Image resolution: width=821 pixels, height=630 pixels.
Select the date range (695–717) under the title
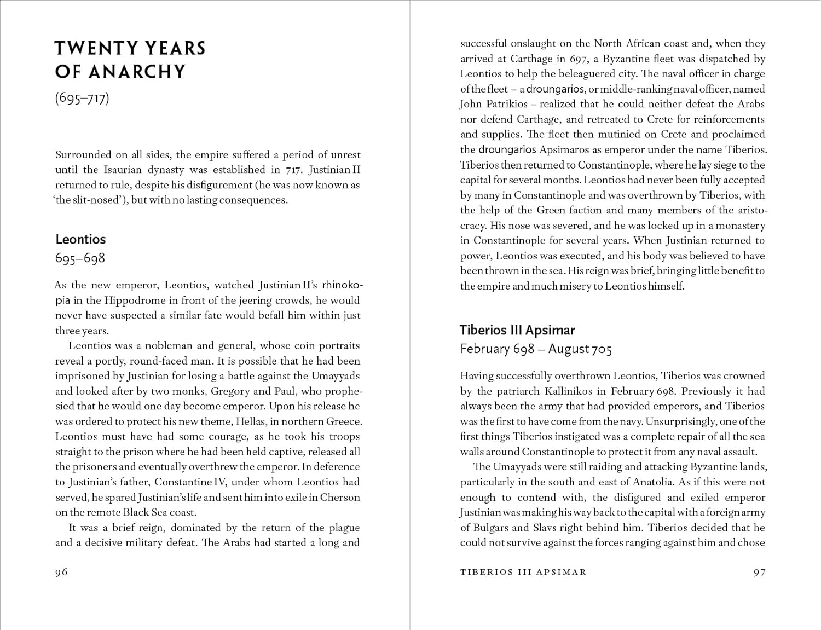82,99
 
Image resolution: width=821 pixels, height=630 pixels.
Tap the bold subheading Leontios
80,239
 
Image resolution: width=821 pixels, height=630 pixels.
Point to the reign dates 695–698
80,258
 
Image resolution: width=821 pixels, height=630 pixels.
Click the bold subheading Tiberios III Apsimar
517,330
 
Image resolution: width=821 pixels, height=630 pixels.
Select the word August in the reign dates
569,349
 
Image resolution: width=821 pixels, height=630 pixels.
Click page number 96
61,572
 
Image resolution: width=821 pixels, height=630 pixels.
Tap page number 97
759,572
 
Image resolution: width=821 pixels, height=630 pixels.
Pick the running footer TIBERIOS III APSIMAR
523,572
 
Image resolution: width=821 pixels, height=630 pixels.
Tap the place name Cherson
340,497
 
